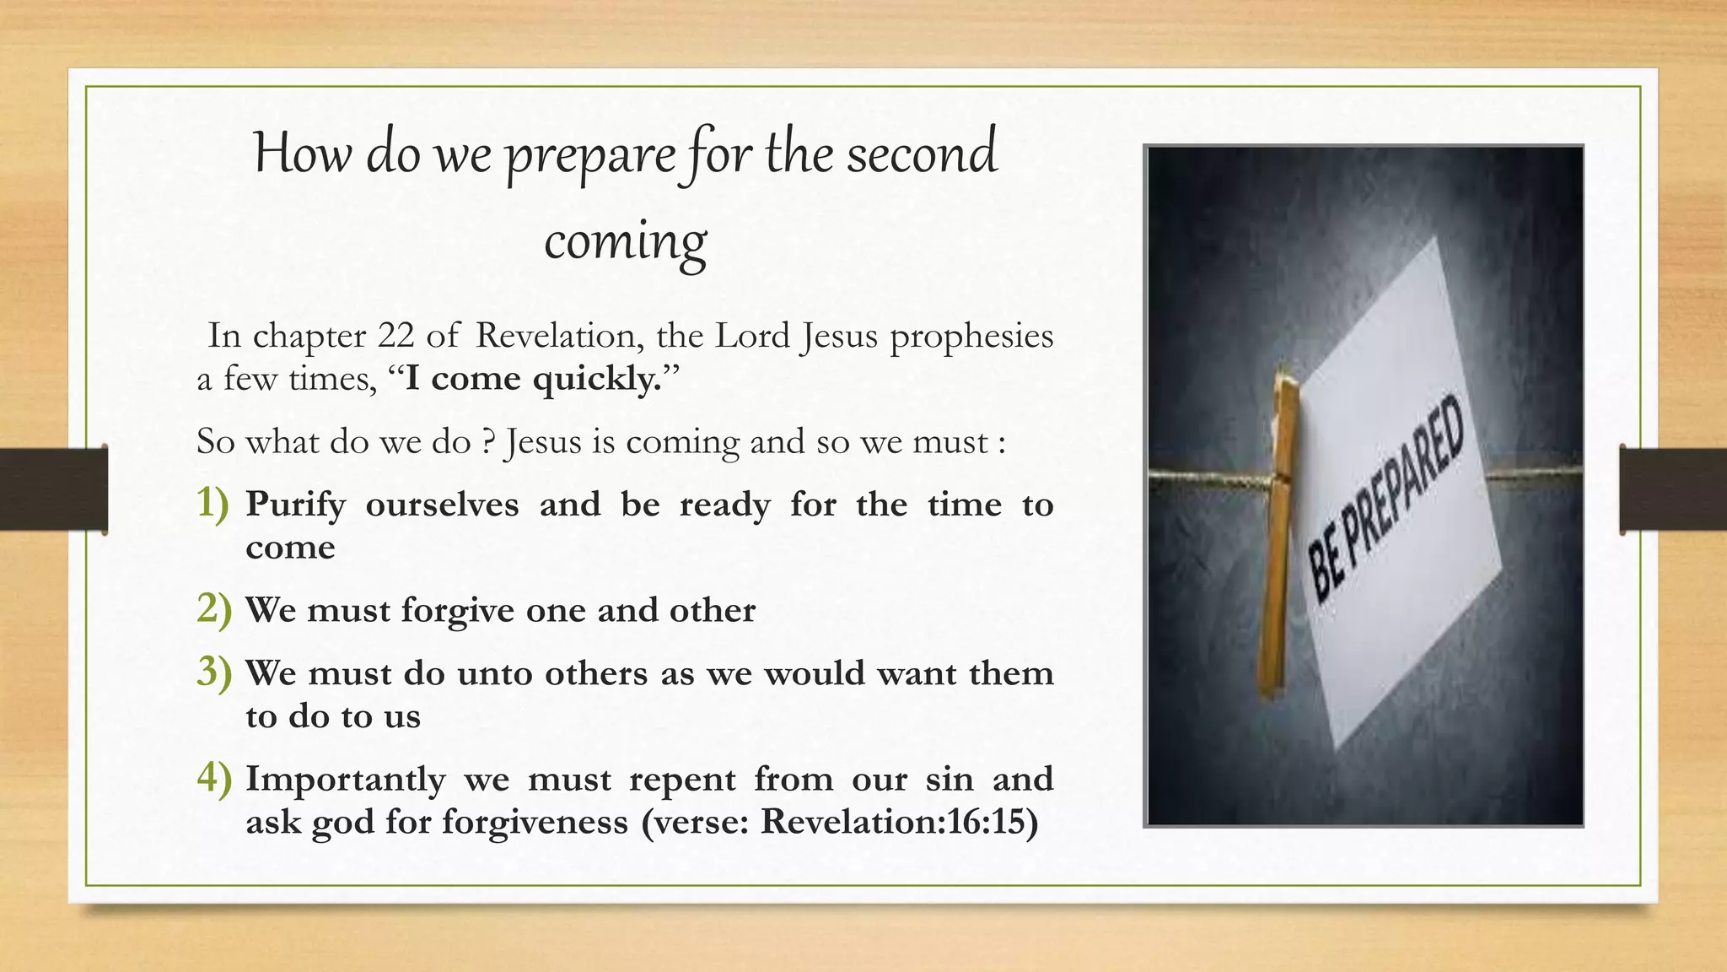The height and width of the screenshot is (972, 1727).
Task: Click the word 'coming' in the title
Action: coord(625,241)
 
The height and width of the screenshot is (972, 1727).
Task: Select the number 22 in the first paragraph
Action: coord(395,336)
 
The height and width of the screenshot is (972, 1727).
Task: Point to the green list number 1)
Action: coord(213,504)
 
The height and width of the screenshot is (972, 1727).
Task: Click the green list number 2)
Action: coord(213,609)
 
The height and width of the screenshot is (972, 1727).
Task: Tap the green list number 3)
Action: coord(213,672)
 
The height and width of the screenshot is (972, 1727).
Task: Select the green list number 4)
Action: coord(213,778)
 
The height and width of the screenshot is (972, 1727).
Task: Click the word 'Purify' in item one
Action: coord(296,505)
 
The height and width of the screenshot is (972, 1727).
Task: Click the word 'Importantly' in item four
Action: coord(345,780)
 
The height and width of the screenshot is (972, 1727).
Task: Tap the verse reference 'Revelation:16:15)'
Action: coord(899,822)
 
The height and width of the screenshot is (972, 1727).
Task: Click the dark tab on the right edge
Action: coord(1673,489)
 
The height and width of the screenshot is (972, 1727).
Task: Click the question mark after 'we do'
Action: coord(487,442)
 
